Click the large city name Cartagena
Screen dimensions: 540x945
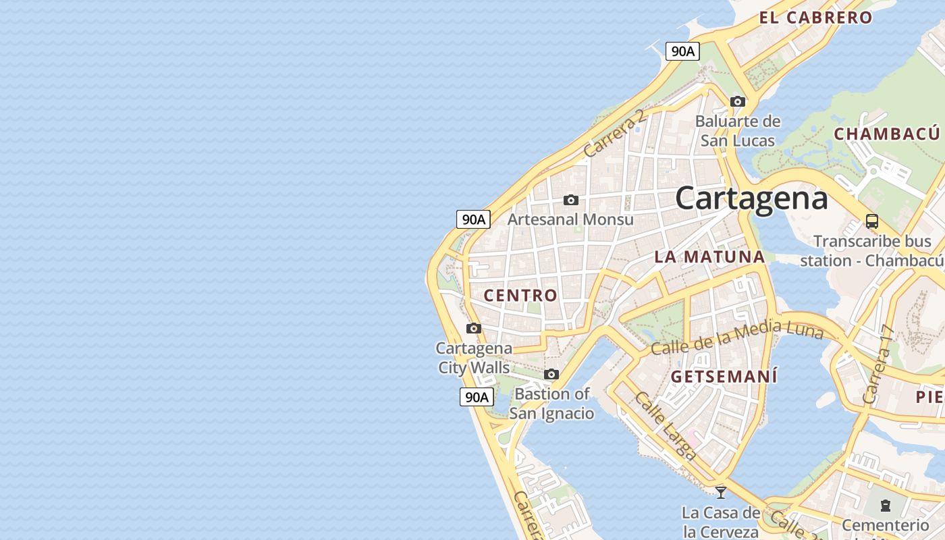click(751, 198)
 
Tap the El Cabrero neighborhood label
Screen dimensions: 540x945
click(815, 18)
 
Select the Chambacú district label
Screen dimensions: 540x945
click(887, 134)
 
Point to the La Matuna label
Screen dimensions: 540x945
click(709, 256)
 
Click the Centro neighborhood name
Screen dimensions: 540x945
click(520, 295)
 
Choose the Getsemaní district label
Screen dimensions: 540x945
click(724, 377)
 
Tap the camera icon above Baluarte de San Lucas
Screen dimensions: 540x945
click(738, 102)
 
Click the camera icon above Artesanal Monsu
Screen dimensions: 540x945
click(571, 200)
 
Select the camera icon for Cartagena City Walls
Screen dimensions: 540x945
click(474, 329)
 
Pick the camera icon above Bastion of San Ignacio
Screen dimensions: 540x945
click(551, 374)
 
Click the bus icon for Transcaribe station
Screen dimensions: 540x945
click(872, 221)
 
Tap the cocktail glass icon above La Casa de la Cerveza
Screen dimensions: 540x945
click(721, 492)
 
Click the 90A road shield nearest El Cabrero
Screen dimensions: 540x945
click(682, 51)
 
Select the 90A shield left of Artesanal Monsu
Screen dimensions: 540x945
click(473, 219)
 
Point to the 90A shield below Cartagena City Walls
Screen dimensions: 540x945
click(476, 397)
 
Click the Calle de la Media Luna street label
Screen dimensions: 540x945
click(737, 337)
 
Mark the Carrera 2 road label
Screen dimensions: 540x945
click(615, 133)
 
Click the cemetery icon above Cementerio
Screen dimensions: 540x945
click(886, 505)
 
